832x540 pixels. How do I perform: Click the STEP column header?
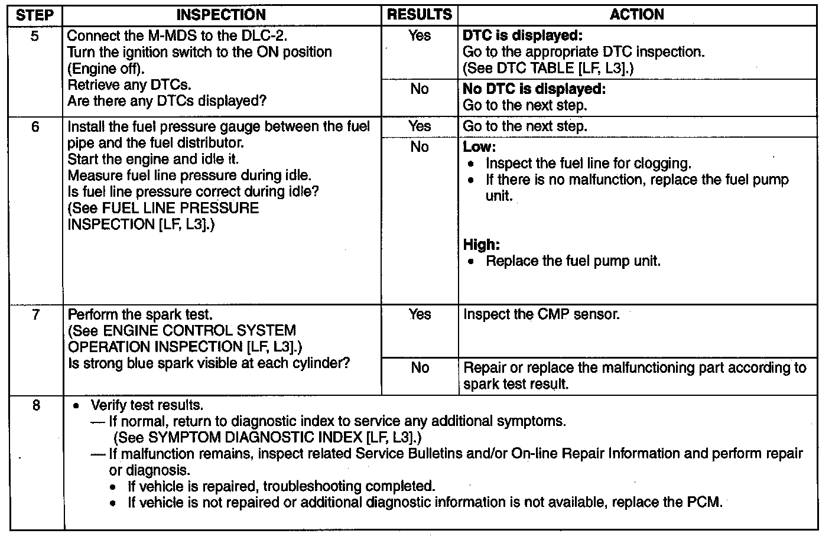[x=35, y=15]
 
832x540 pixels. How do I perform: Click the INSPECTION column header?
[x=222, y=15]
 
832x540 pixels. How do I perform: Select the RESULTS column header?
[x=420, y=15]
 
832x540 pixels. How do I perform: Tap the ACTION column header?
[x=637, y=15]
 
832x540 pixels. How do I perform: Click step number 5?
[x=35, y=36]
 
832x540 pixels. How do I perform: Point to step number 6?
[x=35, y=126]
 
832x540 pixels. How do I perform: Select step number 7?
[x=35, y=315]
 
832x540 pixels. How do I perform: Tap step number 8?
[x=36, y=406]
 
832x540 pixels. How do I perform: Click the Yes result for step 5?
[x=420, y=36]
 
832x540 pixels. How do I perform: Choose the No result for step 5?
[x=420, y=89]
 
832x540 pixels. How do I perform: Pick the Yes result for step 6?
[x=420, y=126]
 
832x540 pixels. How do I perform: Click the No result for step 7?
[x=420, y=368]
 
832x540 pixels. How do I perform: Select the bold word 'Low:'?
[x=479, y=147]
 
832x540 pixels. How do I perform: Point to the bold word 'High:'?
[x=482, y=245]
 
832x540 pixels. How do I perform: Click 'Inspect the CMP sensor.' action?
[x=541, y=315]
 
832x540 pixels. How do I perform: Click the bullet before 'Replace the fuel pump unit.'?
[x=471, y=262]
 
